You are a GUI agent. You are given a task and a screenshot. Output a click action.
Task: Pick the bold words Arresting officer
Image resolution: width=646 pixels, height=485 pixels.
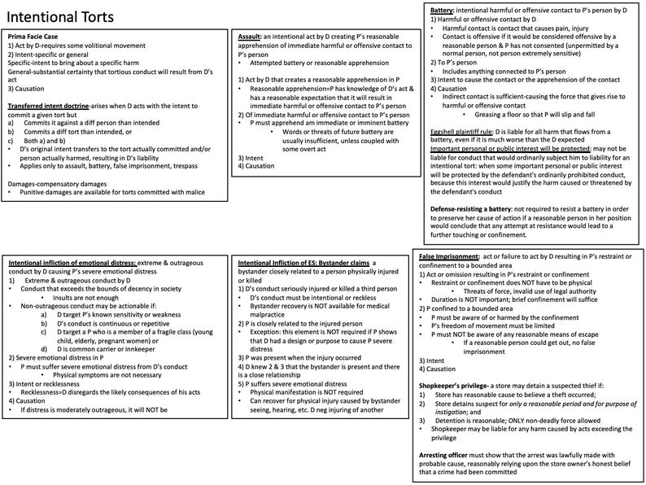pos(452,454)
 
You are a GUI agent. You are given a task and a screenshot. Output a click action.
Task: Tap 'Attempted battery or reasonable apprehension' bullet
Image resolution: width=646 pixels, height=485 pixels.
pos(312,61)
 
